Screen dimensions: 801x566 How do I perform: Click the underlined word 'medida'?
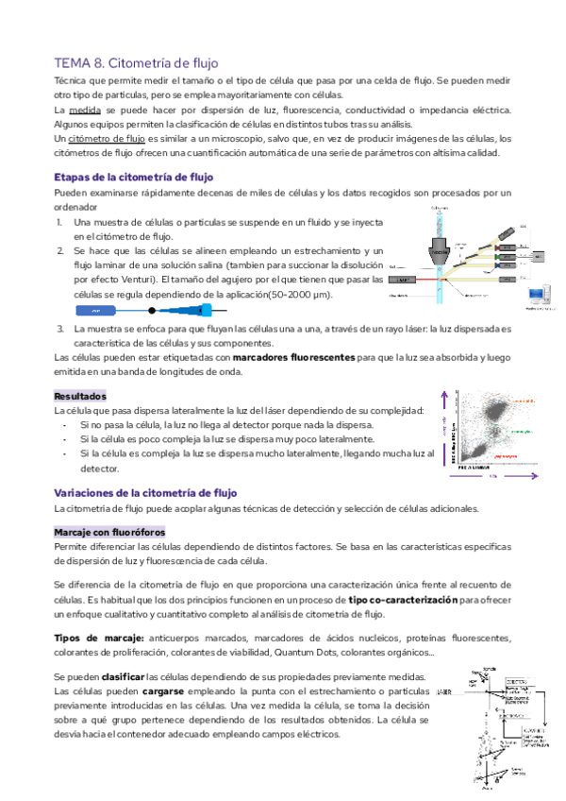point(84,111)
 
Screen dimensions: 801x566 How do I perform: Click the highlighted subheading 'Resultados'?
point(80,396)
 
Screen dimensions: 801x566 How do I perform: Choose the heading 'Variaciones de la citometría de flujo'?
point(145,493)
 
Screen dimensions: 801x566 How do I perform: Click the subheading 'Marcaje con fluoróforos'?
point(109,532)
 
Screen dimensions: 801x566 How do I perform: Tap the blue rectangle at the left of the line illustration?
point(91,310)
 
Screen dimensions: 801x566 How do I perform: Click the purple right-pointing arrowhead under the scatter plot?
point(535,478)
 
